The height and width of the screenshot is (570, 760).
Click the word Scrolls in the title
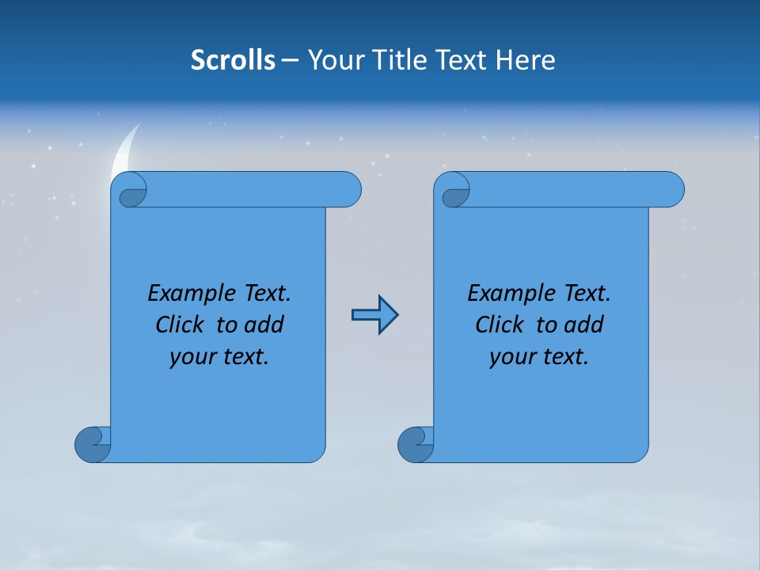233,60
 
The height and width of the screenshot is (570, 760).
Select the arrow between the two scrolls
374,315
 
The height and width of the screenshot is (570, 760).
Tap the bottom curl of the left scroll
93,445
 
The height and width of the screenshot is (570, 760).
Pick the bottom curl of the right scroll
416,445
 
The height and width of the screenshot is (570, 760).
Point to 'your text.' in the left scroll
218,356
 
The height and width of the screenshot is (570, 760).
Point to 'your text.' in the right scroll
538,356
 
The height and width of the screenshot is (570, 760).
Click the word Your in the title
333,60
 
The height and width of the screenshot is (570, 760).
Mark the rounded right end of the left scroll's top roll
348,189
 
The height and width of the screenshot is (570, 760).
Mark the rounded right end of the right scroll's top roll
671,189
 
